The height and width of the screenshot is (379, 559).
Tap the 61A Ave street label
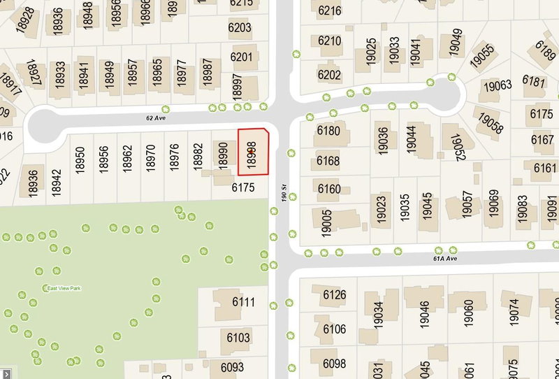click(x=444, y=258)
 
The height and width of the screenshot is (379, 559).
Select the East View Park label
click(x=64, y=288)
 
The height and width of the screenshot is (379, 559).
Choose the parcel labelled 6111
click(x=243, y=302)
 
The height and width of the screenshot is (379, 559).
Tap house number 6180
click(x=328, y=131)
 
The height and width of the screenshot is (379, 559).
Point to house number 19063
click(x=497, y=85)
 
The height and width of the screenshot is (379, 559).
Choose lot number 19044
click(x=411, y=141)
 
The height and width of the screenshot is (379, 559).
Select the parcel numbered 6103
click(x=238, y=338)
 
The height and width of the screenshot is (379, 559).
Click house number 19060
click(x=469, y=314)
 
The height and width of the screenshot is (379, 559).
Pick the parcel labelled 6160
click(x=328, y=189)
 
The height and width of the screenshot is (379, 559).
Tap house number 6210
click(x=329, y=41)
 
